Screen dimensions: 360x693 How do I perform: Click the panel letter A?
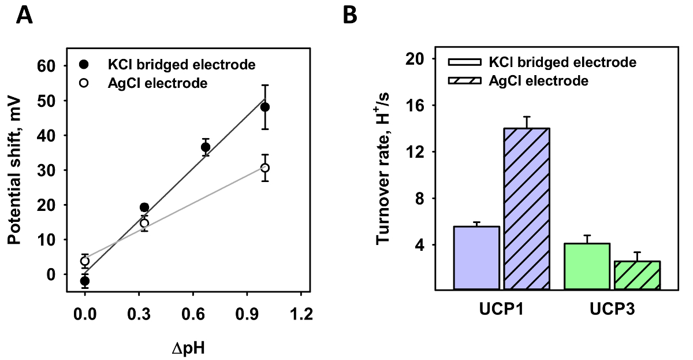[24, 15]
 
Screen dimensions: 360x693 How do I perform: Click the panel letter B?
[351, 15]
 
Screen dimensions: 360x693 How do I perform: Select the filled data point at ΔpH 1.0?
[265, 107]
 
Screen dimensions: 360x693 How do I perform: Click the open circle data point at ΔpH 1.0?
[265, 168]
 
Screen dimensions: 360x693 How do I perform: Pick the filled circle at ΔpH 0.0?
[85, 281]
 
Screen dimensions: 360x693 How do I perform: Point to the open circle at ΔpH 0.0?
[85, 261]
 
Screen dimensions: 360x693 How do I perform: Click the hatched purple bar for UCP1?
[526, 209]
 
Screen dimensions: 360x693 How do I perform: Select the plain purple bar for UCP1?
[477, 258]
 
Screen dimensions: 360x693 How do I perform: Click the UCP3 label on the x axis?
[613, 310]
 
